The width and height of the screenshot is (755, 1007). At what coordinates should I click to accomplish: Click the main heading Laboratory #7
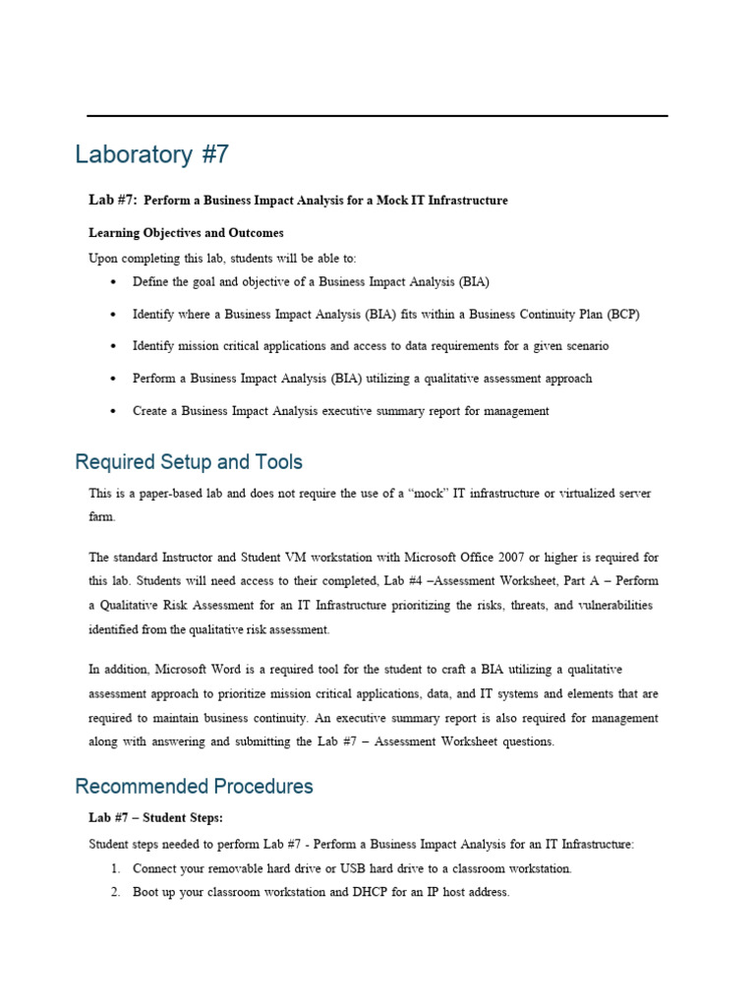click(152, 155)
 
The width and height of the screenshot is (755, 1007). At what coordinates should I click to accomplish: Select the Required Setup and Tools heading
click(189, 461)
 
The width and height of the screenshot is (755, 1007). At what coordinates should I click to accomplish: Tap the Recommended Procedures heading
click(194, 786)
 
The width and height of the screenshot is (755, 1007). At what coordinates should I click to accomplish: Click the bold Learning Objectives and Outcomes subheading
click(186, 233)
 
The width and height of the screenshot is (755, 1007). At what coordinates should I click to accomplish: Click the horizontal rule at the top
click(377, 116)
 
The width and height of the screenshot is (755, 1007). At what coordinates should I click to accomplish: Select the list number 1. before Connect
click(114, 869)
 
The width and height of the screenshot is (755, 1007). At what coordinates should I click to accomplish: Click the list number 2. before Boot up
click(114, 893)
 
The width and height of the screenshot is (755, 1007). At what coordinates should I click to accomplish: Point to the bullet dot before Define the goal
click(114, 282)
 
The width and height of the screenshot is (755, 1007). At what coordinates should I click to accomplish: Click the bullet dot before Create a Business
click(114, 411)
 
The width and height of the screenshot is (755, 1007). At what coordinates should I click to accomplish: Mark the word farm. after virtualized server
click(102, 516)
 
